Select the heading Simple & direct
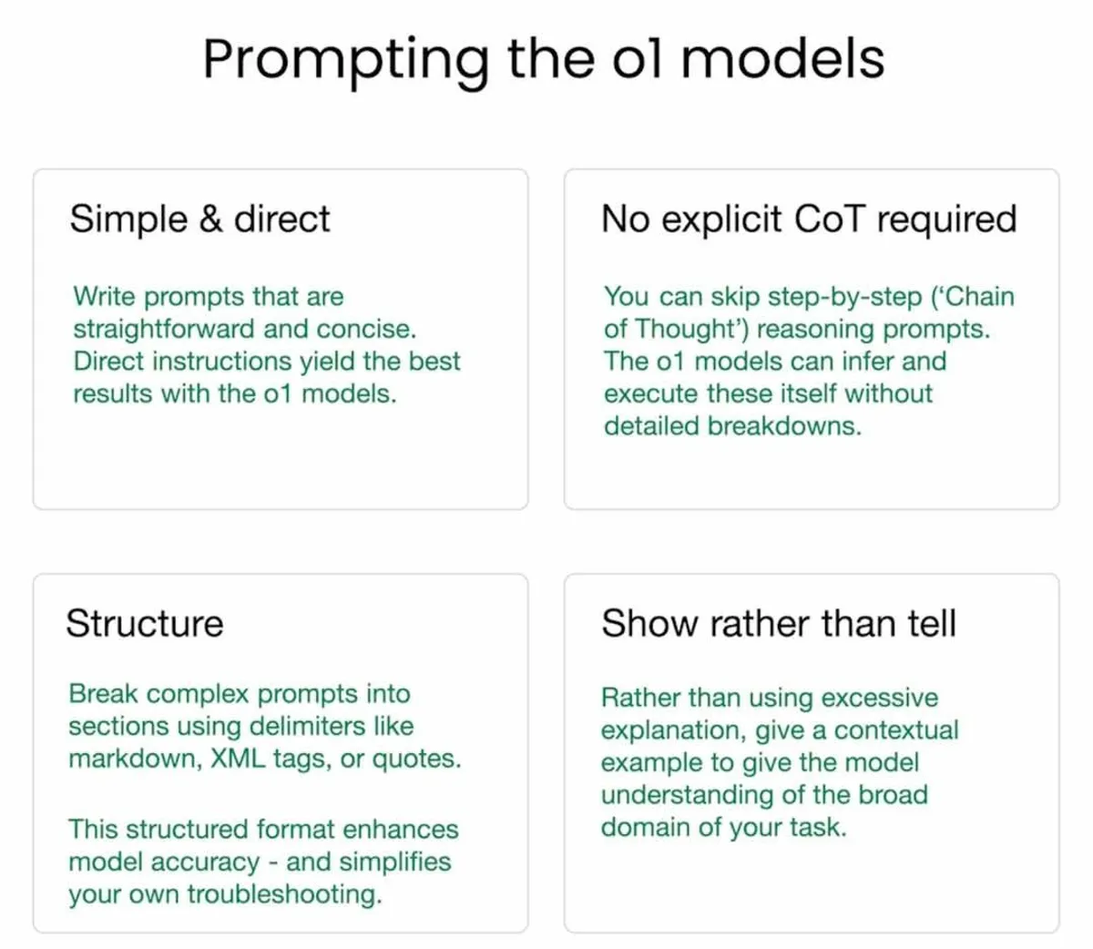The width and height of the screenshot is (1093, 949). tap(199, 219)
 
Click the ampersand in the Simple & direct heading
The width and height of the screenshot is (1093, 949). tap(210, 219)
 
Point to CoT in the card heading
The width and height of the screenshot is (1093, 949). tap(829, 219)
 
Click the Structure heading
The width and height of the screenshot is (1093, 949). tap(145, 623)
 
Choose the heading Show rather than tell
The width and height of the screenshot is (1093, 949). tap(779, 623)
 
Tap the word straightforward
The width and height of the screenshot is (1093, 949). tap(164, 329)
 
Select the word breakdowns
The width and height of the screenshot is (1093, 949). tap(784, 426)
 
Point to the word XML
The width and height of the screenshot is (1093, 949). tap(238, 759)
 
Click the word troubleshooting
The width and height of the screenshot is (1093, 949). tap(284, 894)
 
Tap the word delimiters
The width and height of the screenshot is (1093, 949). tap(307, 726)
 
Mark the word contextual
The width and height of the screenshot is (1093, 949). tap(896, 730)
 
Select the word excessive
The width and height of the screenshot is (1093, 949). tap(879, 698)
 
